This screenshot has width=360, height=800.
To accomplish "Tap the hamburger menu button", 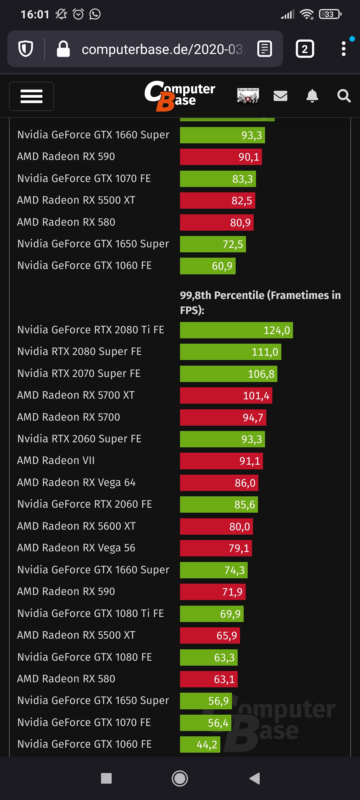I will (31, 96).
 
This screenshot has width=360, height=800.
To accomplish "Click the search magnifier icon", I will (344, 96).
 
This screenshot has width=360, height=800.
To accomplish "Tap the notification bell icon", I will (312, 96).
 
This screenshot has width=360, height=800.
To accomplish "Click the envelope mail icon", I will (280, 96).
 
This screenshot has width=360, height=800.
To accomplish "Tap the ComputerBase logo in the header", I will (180, 96).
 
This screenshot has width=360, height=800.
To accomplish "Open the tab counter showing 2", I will (305, 49).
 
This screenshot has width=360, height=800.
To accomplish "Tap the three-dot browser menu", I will (344, 49).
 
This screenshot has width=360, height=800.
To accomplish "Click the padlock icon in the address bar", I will (63, 49).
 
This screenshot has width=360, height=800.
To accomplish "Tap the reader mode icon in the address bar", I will (265, 49).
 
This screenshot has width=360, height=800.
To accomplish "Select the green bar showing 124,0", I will (236, 330).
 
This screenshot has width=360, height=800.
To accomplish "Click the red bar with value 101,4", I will (226, 396).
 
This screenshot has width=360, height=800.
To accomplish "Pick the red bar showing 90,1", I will (221, 157).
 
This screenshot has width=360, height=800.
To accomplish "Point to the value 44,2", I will (207, 745).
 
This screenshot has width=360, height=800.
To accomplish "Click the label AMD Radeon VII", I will (56, 460).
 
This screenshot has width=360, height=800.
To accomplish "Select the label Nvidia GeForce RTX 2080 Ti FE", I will (91, 330).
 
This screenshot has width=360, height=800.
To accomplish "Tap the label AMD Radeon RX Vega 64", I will (76, 482).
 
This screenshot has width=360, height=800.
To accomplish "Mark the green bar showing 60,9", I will (208, 266).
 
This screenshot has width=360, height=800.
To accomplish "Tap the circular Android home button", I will (180, 778).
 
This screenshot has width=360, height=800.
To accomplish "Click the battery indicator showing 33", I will (330, 14).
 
